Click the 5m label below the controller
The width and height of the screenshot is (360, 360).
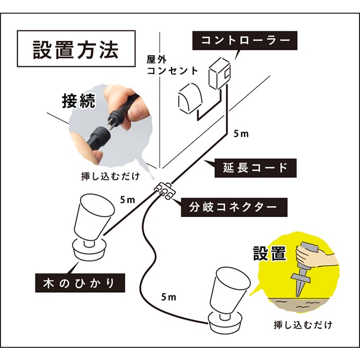pyautogui.click(x=240, y=133)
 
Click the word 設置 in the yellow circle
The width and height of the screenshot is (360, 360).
pyautogui.click(x=269, y=253)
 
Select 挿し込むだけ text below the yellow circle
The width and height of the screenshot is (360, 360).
pyautogui.click(x=303, y=323)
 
